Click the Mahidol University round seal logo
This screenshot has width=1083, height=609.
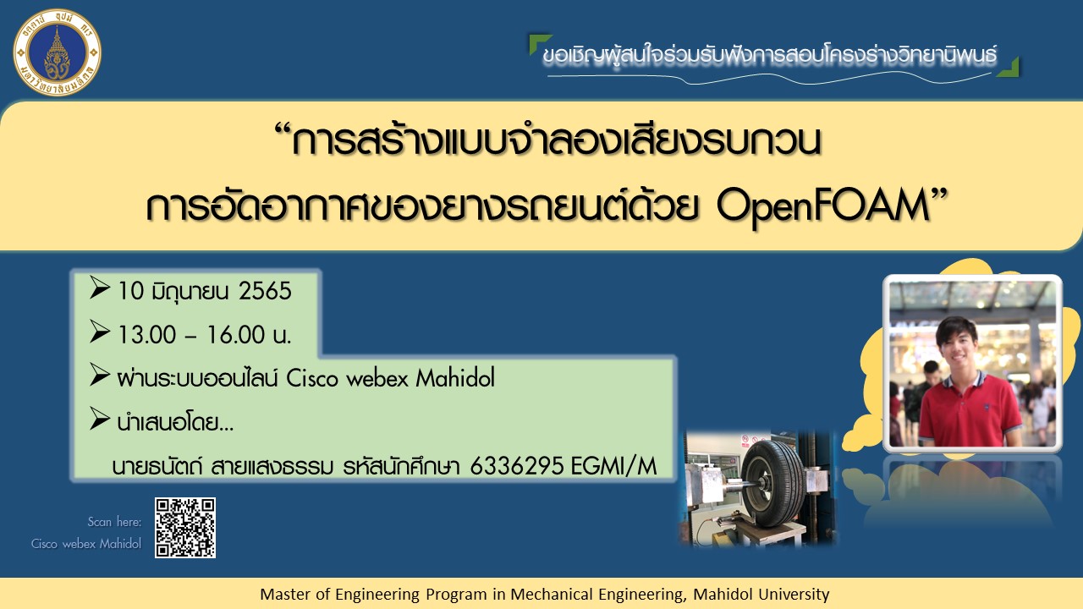[57, 52]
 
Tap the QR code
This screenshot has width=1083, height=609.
[185, 527]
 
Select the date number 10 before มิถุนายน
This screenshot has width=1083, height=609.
[130, 291]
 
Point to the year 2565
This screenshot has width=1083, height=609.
[266, 291]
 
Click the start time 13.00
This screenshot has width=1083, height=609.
[146, 334]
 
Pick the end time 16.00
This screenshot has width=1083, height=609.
[236, 334]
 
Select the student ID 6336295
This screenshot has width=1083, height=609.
[516, 466]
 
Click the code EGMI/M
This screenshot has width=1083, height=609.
[613, 466]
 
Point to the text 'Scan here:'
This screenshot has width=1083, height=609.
[114, 522]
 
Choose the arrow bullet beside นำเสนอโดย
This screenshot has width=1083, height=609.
[100, 419]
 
